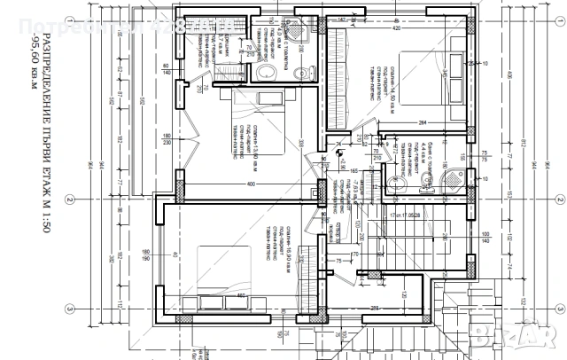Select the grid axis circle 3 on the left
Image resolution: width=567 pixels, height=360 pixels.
[x=68, y=309]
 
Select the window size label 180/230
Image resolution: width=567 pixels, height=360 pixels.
[x=166, y=140]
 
